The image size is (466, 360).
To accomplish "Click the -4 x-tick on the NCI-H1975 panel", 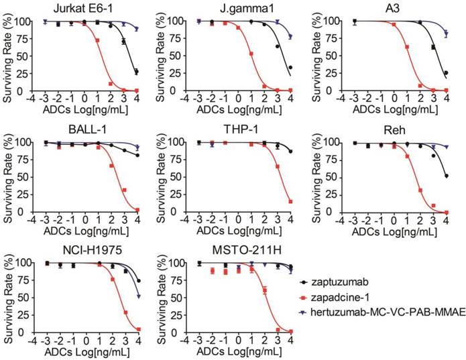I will (32, 341).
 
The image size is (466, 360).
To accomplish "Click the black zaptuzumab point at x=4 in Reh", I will (447, 176).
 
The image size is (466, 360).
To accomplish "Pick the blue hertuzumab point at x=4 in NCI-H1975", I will (138, 296).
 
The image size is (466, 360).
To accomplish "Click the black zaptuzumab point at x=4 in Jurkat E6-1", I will (137, 71).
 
